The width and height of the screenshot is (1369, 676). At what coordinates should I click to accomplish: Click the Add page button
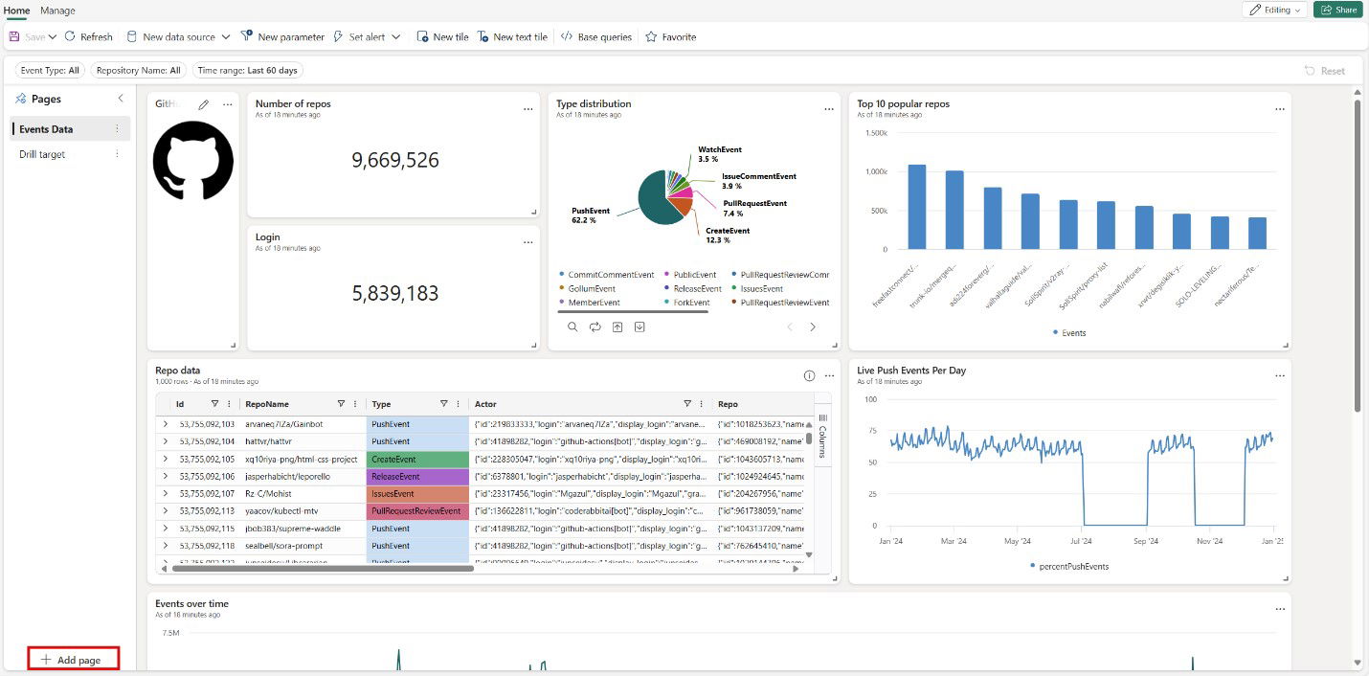(x=73, y=660)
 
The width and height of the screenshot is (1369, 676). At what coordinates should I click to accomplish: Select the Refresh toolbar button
(x=89, y=37)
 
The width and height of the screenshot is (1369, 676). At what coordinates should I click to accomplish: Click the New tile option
(x=442, y=37)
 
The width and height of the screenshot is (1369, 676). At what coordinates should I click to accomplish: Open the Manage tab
(x=57, y=11)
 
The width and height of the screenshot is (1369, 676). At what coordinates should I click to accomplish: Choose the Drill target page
(x=42, y=154)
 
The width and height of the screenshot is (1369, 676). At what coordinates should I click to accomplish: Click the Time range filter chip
(x=247, y=70)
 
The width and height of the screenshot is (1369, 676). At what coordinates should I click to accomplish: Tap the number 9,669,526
(x=394, y=160)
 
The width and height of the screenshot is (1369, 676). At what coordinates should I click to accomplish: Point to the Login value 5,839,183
(x=394, y=294)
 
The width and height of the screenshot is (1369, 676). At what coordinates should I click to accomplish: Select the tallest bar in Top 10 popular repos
(x=916, y=207)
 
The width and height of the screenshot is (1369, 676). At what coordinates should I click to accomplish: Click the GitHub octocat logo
(x=192, y=160)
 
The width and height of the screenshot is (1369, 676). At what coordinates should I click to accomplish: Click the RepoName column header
(x=267, y=404)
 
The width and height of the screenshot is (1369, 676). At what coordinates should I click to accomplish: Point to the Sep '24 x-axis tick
(x=1146, y=541)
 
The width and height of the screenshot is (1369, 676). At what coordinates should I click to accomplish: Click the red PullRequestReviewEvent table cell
(x=416, y=511)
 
